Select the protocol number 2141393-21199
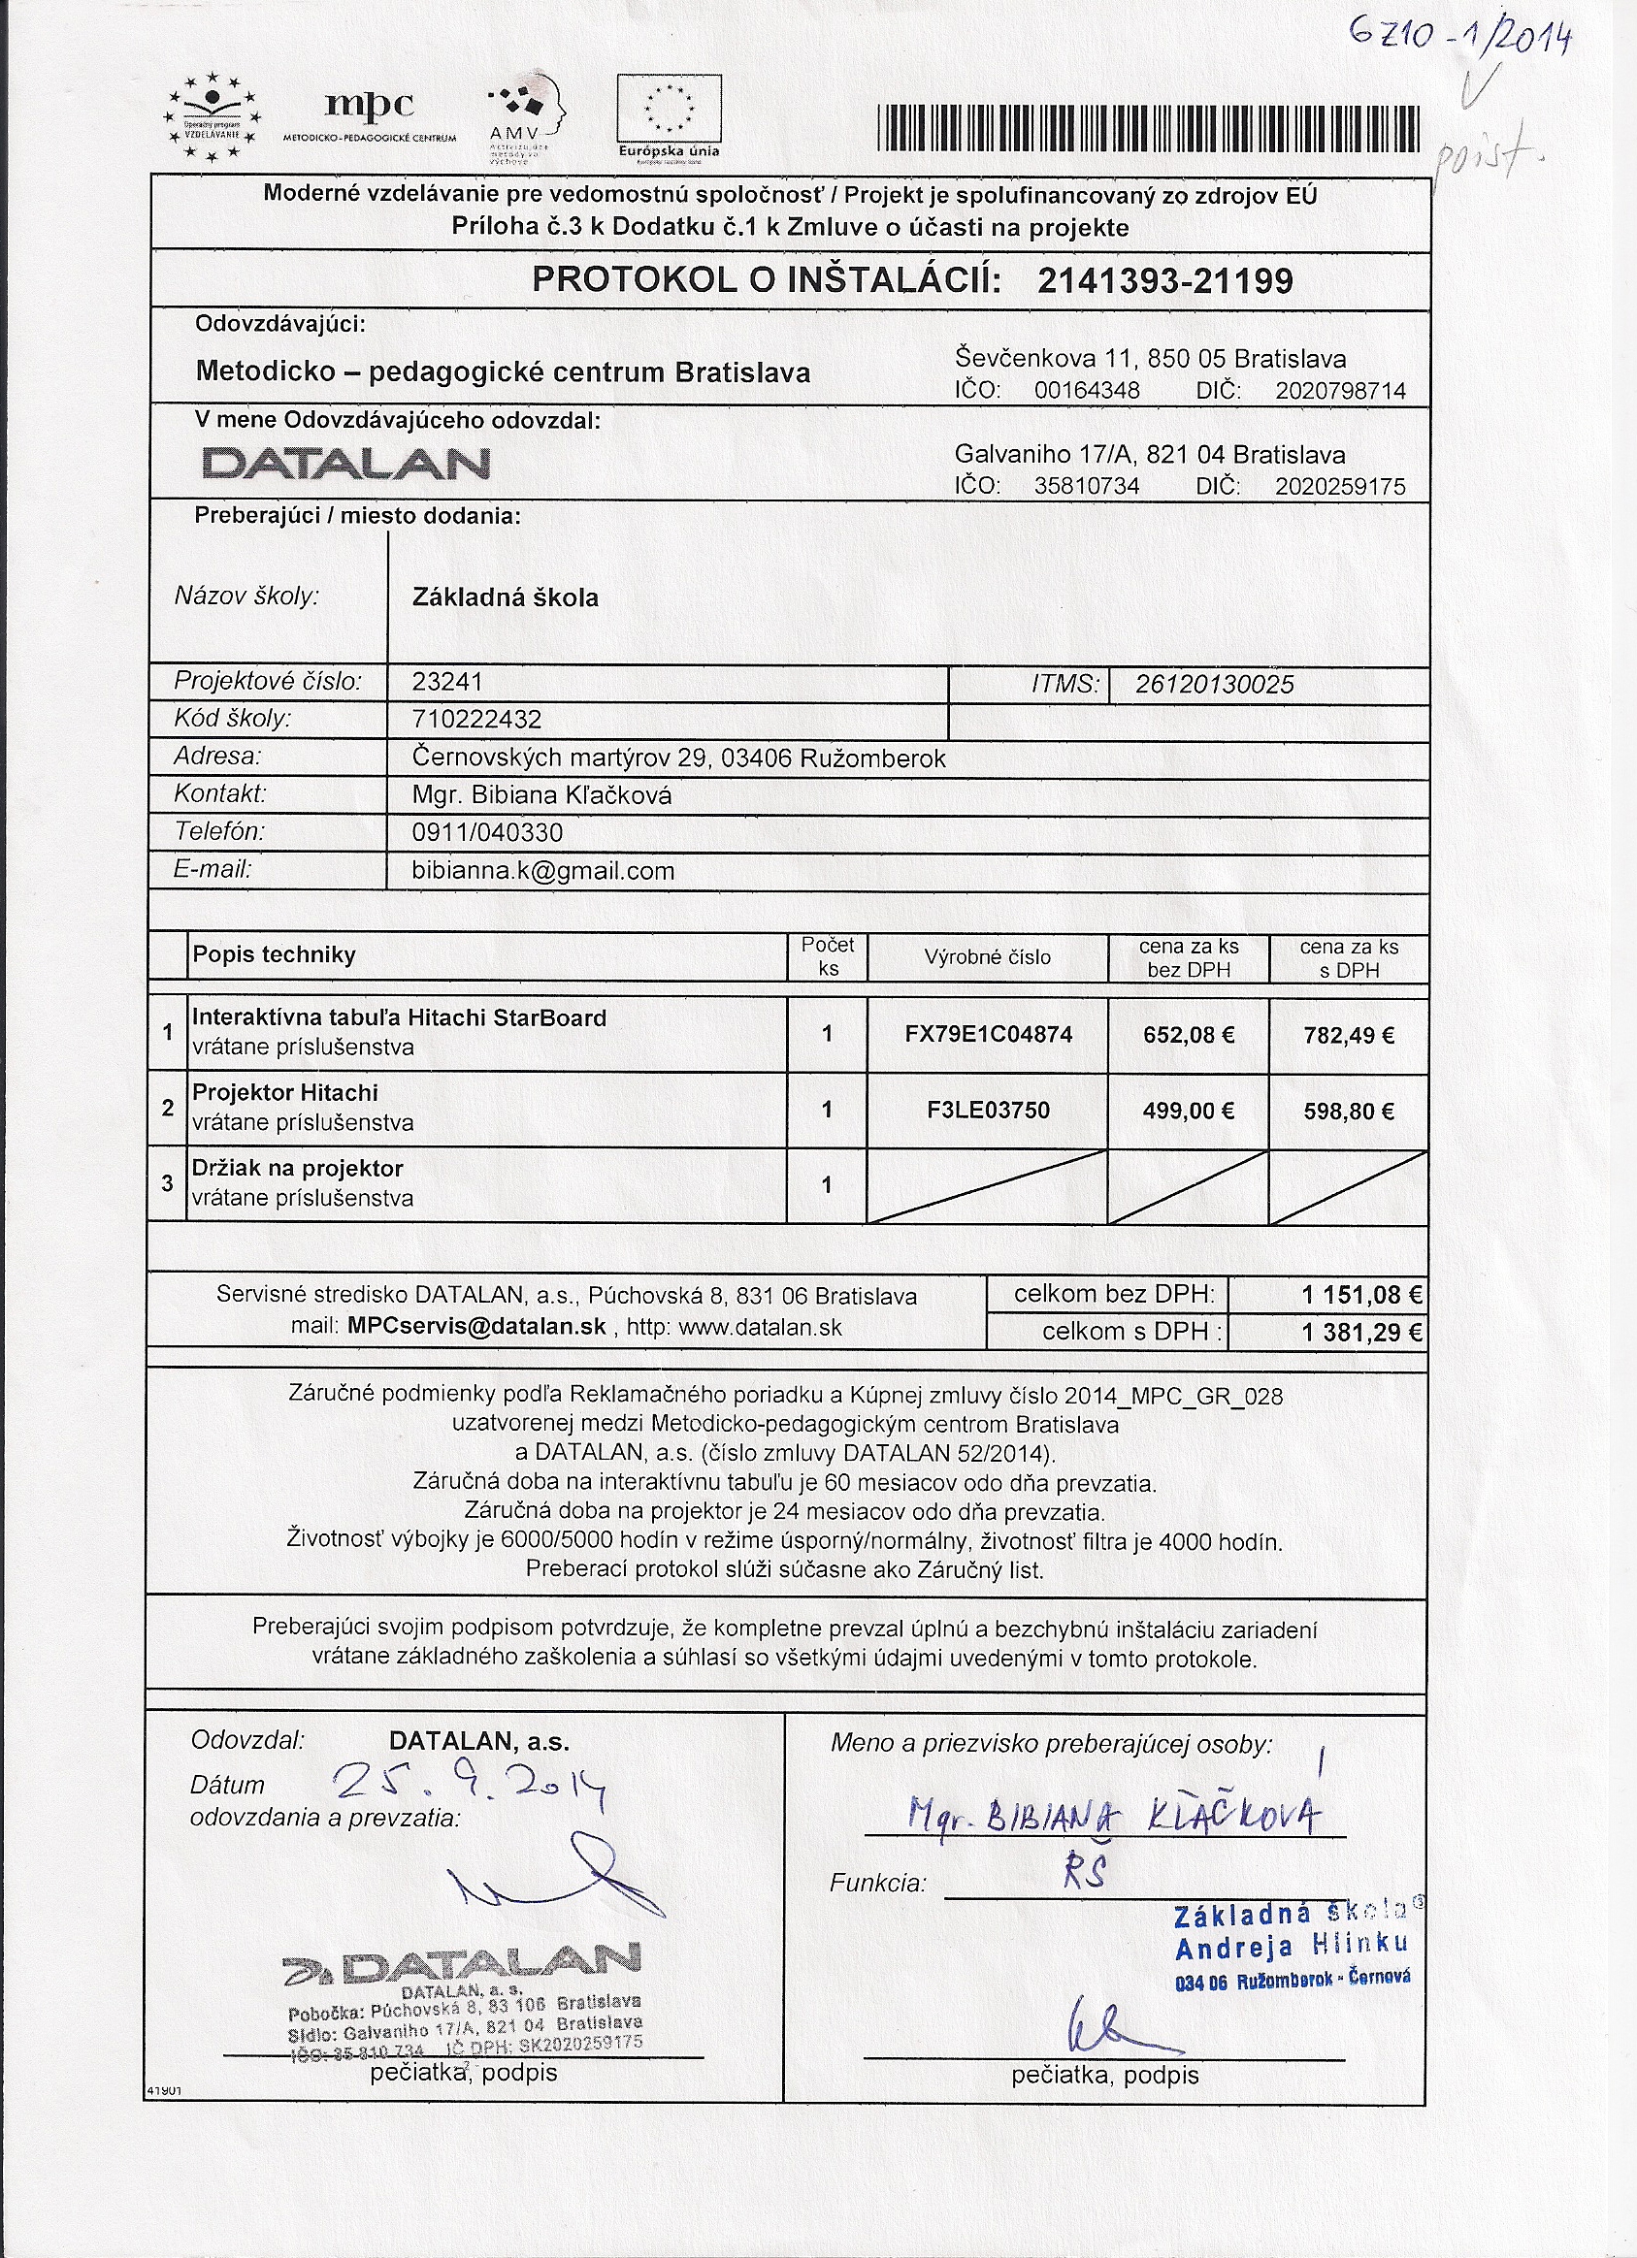(x=1164, y=281)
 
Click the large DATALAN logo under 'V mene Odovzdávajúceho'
(x=345, y=464)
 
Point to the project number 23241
(x=447, y=682)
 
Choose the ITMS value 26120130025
(x=1215, y=685)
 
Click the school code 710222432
(x=476, y=720)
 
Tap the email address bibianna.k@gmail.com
(x=542, y=872)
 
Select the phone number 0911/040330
(x=487, y=833)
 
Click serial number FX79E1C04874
(x=988, y=1034)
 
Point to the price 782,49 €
(x=1348, y=1036)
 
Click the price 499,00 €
(x=1188, y=1112)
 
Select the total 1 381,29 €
(x=1361, y=1333)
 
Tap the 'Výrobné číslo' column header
(x=987, y=957)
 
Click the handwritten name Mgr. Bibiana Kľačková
(x=1115, y=1817)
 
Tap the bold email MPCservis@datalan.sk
(x=476, y=1327)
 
